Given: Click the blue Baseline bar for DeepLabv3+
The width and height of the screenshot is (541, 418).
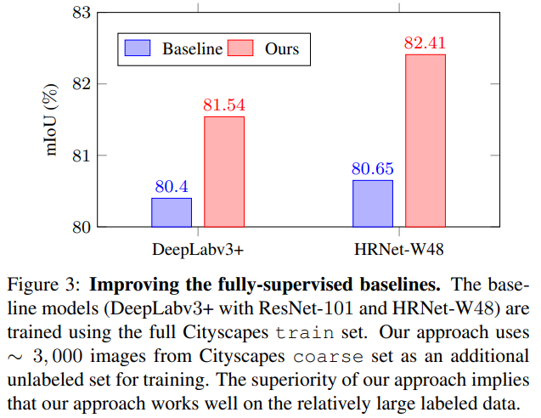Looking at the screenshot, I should (x=172, y=212).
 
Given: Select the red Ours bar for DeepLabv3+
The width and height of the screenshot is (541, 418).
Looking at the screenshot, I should (x=224, y=172).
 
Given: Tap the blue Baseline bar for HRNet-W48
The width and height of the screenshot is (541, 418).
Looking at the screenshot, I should (x=373, y=204).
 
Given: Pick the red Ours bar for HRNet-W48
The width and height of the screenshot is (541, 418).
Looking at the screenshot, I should (x=425, y=141).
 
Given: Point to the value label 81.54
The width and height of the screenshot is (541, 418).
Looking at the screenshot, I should (x=224, y=105).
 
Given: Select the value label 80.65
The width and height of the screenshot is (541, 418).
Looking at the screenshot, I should (x=373, y=169).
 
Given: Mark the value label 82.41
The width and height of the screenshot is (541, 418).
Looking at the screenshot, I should (x=425, y=43).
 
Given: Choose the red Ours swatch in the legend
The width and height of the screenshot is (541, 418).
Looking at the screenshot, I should (x=242, y=48).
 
